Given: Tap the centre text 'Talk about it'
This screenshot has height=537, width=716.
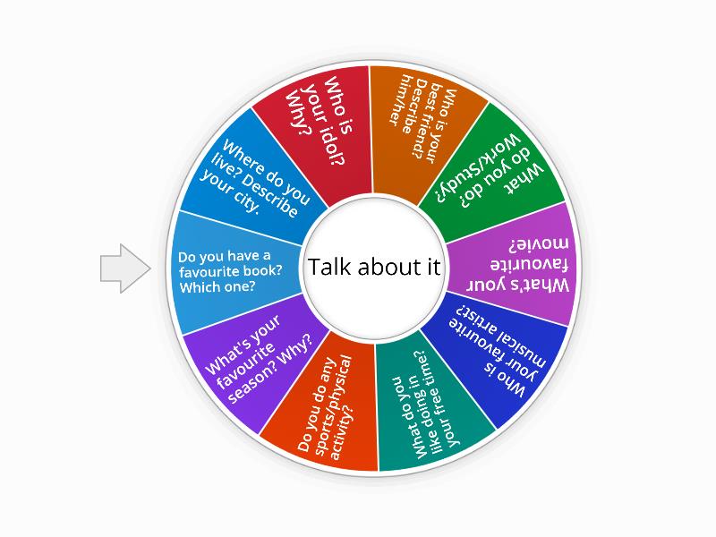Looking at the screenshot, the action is coord(374,268).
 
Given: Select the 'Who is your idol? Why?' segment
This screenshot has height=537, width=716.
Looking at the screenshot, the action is coord(315,128).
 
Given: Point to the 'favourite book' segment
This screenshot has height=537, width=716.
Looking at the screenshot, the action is coord(231,271).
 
